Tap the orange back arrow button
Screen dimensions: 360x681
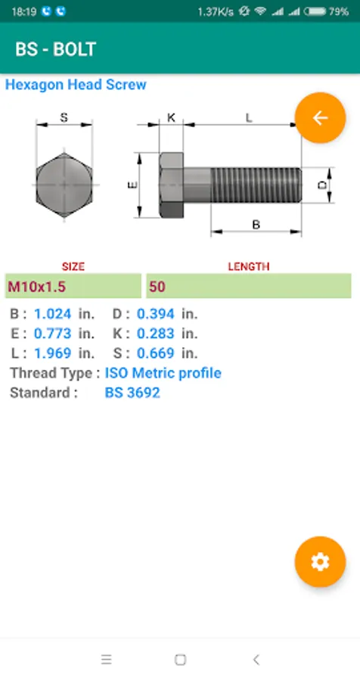tap(320, 118)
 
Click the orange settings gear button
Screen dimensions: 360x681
tap(320, 562)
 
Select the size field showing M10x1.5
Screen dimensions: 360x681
tap(73, 286)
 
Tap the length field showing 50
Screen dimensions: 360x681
tap(249, 286)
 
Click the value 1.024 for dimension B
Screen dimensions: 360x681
tap(52, 314)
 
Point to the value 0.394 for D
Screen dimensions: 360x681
tap(156, 314)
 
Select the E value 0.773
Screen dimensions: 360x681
tap(52, 334)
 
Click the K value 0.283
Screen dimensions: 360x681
tap(156, 334)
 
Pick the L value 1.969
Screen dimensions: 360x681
tap(52, 353)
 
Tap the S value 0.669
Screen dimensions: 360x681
tap(156, 353)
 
